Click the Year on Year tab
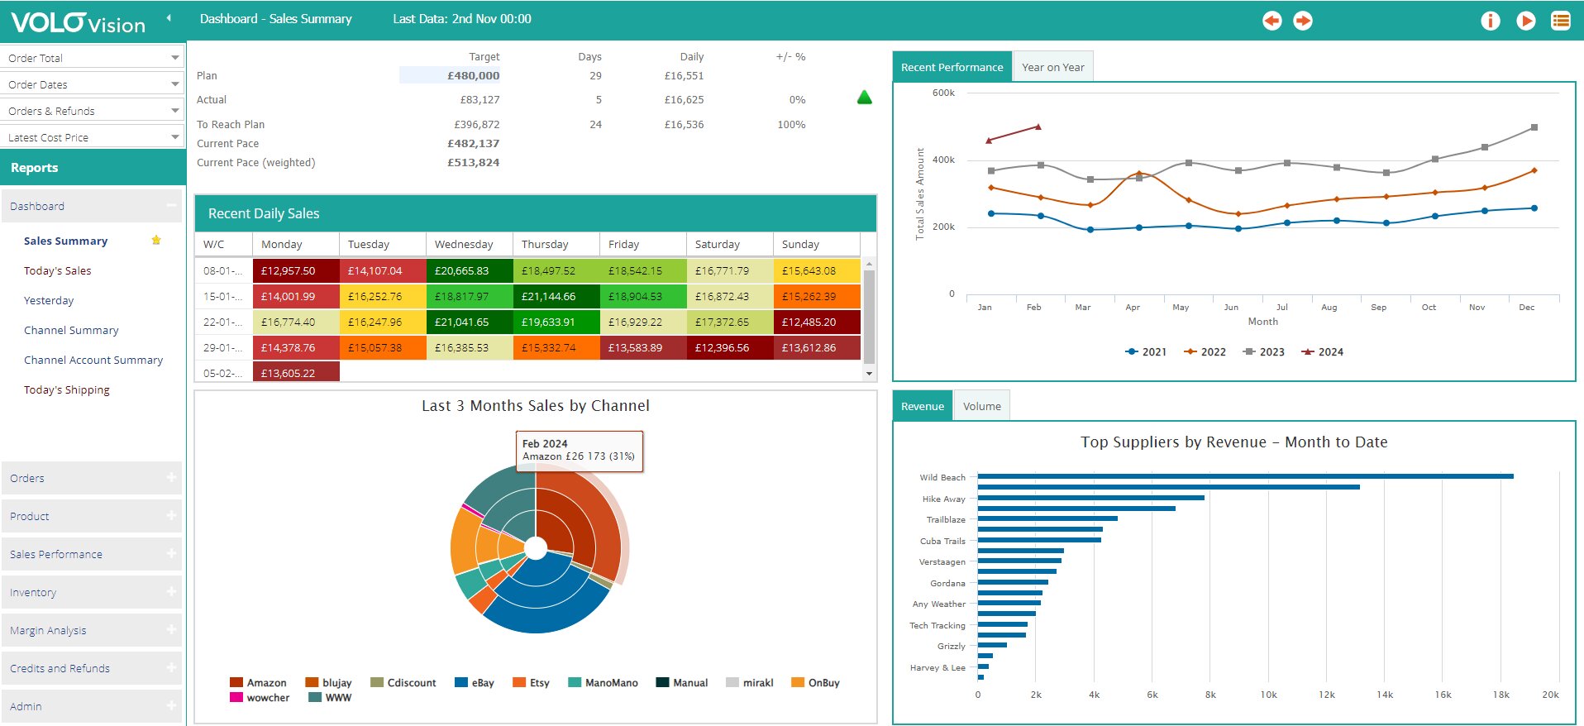1052,67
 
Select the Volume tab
981,406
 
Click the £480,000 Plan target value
473,75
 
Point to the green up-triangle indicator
865,98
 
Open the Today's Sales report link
57,270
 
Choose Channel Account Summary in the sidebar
93,360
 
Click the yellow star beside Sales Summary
156,241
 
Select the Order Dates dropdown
93,84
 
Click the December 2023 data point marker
1534,127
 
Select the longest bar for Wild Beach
1245,476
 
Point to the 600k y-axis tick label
943,93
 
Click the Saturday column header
717,244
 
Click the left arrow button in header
1271,21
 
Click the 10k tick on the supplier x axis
1268,695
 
